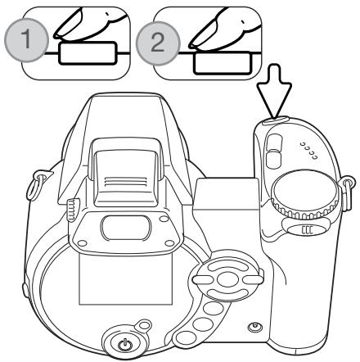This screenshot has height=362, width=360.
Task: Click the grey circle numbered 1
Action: tap(26, 40)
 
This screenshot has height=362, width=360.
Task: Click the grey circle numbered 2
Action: tap(158, 43)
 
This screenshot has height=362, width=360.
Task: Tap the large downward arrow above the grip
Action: tap(273, 91)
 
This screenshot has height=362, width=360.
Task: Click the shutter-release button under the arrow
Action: tap(275, 120)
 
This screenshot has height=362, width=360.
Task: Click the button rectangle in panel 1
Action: tap(88, 53)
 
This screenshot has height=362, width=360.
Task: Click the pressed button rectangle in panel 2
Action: tap(222, 63)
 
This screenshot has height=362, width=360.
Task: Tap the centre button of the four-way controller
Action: tap(227, 279)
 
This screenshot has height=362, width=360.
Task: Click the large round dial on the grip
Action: tap(305, 194)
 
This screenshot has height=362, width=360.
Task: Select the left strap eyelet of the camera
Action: tap(38, 185)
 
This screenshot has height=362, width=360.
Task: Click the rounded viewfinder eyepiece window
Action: tap(126, 228)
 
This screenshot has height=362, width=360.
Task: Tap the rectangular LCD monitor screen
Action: tap(125, 280)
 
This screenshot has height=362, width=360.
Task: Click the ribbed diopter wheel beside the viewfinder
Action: tap(73, 210)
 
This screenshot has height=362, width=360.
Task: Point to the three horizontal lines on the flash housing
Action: tap(125, 182)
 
